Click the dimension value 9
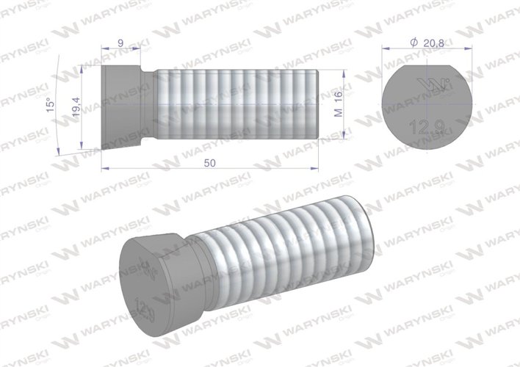[x=120, y=43]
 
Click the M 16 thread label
[x=338, y=103]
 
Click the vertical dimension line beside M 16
[x=345, y=103]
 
